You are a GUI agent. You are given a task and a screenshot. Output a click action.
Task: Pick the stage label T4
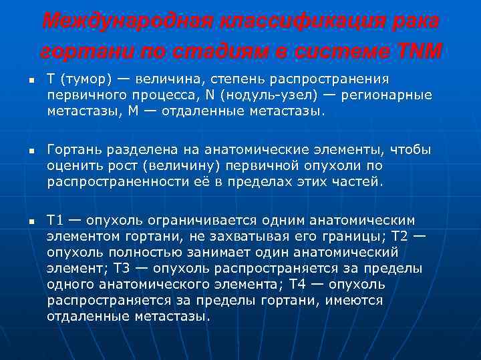(x=298, y=284)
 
